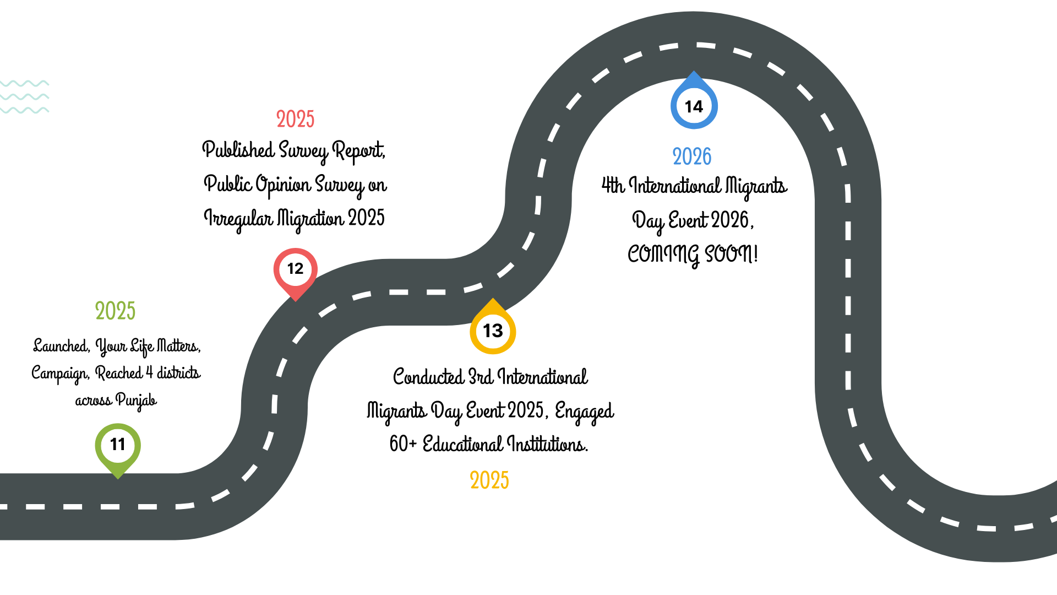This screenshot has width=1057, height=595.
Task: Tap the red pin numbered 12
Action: pos(296,269)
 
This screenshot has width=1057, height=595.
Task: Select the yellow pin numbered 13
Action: pos(493,331)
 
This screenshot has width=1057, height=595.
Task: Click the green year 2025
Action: pos(115,311)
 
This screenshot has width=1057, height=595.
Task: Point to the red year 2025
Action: pos(295,120)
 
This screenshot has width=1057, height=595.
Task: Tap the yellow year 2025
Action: pos(489,480)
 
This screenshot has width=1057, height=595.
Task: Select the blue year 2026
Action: pos(692,157)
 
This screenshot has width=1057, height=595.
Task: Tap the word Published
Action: pos(238,150)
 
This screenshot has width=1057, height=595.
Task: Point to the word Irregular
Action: pos(238,219)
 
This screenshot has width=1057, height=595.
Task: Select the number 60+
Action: pos(403,444)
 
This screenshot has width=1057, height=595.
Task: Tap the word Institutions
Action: pos(547,444)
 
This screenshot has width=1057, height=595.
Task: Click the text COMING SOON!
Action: pos(693,255)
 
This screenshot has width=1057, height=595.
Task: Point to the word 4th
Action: pos(613,186)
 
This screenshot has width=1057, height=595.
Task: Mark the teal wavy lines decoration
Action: pos(25,97)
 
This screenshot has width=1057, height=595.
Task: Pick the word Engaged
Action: pos(584,412)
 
